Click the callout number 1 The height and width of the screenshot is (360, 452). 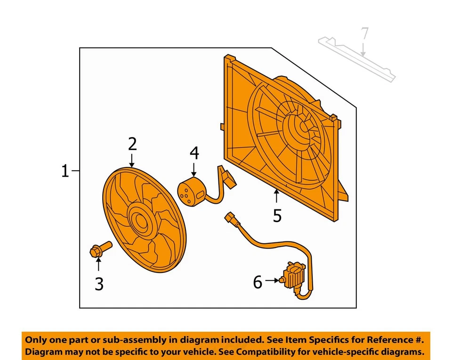(x=65, y=171)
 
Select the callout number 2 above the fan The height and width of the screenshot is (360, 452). (x=132, y=143)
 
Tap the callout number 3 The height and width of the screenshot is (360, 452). (x=99, y=284)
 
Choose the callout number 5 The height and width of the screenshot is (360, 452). (x=277, y=216)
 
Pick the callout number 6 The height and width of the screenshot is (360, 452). (x=258, y=282)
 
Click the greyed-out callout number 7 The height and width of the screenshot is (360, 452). (x=364, y=34)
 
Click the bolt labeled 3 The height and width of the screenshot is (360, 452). (x=100, y=249)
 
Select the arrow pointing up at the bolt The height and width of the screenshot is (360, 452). (x=98, y=265)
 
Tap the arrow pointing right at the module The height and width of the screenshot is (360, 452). (x=272, y=281)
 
